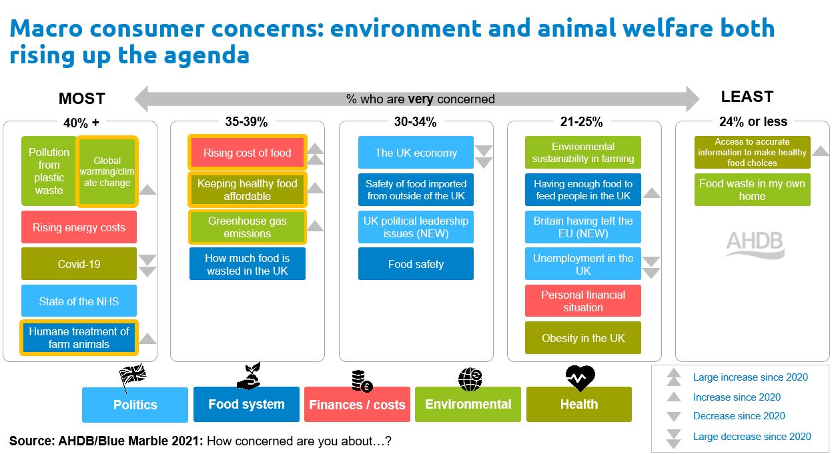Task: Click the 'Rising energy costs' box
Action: click(x=79, y=227)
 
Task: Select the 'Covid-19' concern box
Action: click(x=79, y=264)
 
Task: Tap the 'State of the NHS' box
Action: click(x=79, y=301)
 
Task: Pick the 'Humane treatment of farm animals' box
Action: click(x=79, y=338)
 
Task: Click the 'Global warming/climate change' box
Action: click(x=107, y=171)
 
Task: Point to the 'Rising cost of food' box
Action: click(x=248, y=153)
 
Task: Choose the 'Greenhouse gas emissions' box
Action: click(x=248, y=227)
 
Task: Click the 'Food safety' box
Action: click(x=416, y=264)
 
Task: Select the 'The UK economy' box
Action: click(x=416, y=153)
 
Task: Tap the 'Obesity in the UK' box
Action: click(x=583, y=338)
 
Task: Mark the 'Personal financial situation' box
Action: click(x=583, y=301)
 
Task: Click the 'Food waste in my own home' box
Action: click(x=752, y=190)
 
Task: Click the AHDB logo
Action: click(x=755, y=244)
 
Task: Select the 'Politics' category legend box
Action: click(x=135, y=405)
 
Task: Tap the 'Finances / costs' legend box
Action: click(x=357, y=405)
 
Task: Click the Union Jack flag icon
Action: click(x=131, y=377)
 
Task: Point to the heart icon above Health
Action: click(x=579, y=378)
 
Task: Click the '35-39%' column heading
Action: click(x=247, y=122)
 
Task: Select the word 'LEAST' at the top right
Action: click(x=747, y=97)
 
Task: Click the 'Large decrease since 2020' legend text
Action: click(x=752, y=437)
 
